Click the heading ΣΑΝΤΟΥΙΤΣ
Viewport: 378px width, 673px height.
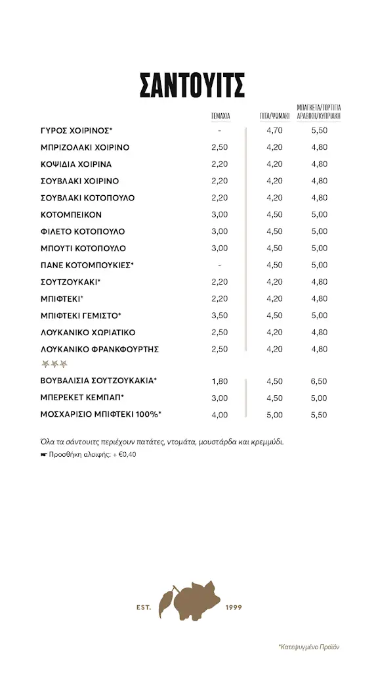[x=192, y=86]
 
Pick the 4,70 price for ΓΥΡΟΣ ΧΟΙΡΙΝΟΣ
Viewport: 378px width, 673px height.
[x=274, y=131]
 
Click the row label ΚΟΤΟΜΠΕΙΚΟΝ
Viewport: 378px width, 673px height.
[x=72, y=215]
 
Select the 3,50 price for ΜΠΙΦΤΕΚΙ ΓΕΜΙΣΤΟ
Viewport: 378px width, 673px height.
[x=220, y=315]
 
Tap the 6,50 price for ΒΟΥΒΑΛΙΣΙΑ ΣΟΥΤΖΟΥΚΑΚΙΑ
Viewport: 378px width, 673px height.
[x=319, y=381]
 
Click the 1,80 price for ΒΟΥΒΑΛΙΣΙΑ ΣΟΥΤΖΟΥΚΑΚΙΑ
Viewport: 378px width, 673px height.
[x=220, y=381]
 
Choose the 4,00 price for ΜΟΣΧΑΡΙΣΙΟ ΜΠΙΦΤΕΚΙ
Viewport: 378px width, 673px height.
[x=220, y=415]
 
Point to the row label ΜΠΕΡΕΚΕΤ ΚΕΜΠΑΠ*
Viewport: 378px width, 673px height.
[x=83, y=398]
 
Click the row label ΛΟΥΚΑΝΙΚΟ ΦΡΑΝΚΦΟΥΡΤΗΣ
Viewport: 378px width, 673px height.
[x=100, y=349]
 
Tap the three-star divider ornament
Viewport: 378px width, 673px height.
[x=54, y=364]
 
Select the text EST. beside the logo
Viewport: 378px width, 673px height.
[x=143, y=607]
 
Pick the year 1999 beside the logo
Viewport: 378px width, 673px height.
[x=233, y=607]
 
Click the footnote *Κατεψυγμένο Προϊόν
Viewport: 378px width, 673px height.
[x=308, y=647]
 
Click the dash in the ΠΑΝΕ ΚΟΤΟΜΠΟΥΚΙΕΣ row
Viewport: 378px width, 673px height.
[x=220, y=265]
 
